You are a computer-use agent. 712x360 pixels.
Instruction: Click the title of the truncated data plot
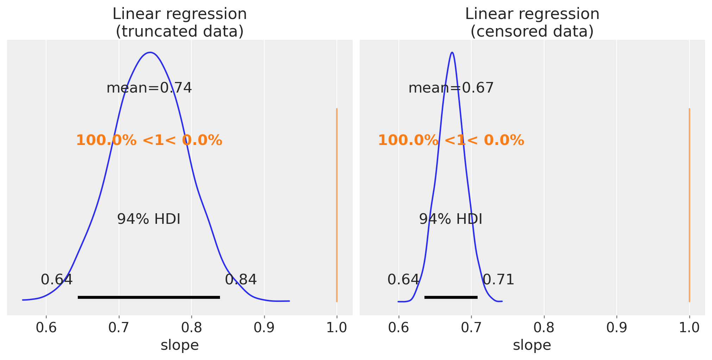click(x=179, y=23)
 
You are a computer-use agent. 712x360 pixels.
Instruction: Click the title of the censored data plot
click(x=532, y=23)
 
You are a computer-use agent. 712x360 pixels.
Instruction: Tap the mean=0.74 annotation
click(x=149, y=88)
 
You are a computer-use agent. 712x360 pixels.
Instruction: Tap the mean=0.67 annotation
click(x=451, y=88)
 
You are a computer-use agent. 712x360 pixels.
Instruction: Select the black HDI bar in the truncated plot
click(x=149, y=297)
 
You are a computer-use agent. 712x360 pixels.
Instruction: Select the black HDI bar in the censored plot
click(x=451, y=297)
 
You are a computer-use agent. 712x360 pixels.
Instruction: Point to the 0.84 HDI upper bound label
click(x=241, y=280)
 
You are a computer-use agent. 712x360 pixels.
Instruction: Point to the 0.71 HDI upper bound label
click(x=498, y=280)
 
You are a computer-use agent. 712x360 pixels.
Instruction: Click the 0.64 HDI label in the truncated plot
click(x=57, y=280)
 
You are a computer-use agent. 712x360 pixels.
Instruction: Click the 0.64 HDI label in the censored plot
click(x=403, y=280)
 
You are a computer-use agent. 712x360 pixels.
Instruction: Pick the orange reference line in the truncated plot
click(x=337, y=204)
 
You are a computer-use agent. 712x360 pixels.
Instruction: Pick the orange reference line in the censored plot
click(x=689, y=204)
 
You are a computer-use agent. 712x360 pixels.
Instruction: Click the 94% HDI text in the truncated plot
click(x=149, y=219)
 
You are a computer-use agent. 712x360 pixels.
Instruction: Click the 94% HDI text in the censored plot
click(x=450, y=219)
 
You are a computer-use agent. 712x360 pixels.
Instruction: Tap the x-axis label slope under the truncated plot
click(x=179, y=345)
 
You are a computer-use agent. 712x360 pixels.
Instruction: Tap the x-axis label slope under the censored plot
click(x=532, y=345)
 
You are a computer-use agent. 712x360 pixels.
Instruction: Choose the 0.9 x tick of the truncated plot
click(x=264, y=328)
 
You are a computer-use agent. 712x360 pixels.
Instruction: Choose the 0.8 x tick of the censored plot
click(x=544, y=328)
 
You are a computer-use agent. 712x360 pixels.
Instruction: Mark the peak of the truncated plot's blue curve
click(x=150, y=52)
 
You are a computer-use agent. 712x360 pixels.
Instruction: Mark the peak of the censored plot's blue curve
click(x=452, y=52)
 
